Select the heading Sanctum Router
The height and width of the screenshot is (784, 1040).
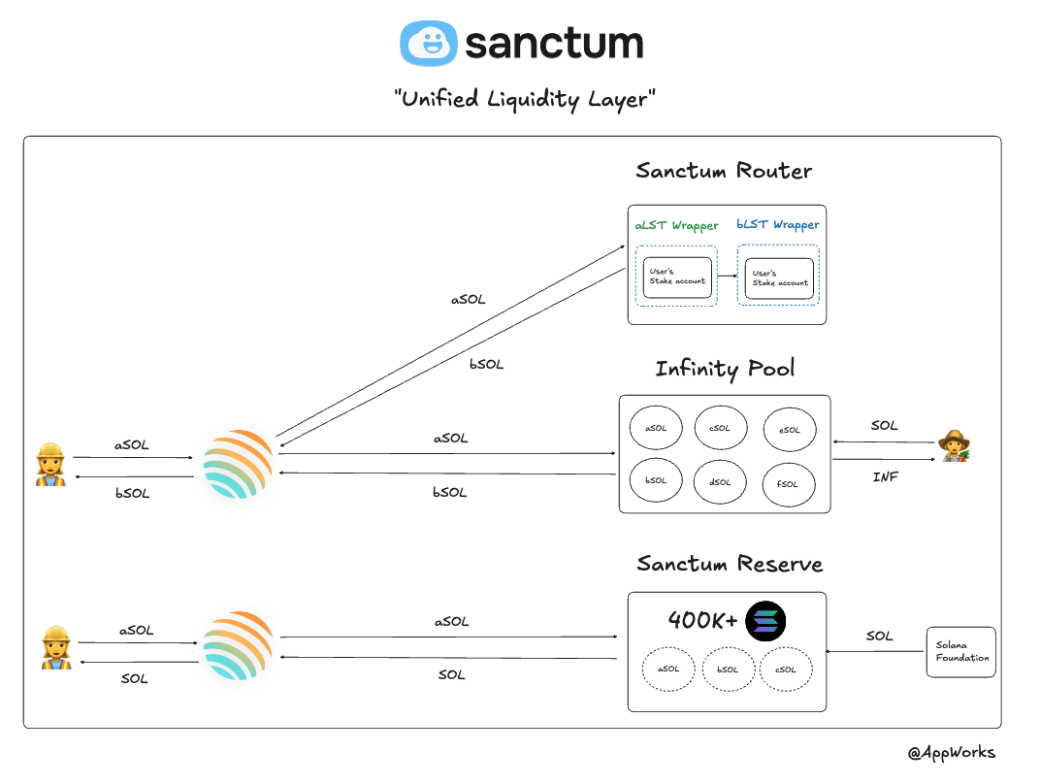point(724,172)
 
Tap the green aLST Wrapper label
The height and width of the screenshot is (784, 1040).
point(677,225)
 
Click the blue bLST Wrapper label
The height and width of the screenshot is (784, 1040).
point(777,225)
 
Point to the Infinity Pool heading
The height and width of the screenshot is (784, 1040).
point(725,369)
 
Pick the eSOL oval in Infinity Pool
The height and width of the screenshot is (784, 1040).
point(789,430)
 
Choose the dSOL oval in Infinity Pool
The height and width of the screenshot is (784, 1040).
point(719,481)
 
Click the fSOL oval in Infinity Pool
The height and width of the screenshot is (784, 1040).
point(789,483)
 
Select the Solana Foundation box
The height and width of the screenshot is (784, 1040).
point(961,651)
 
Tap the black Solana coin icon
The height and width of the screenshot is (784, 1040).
point(765,622)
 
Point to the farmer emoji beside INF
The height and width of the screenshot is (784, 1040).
point(954,445)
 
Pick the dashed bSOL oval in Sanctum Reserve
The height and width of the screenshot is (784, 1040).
point(728,670)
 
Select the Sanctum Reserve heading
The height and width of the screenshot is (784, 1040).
point(730,565)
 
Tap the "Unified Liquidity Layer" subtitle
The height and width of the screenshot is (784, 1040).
point(525,99)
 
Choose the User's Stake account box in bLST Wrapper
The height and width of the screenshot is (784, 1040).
point(779,278)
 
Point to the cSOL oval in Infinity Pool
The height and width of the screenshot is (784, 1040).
point(719,428)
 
